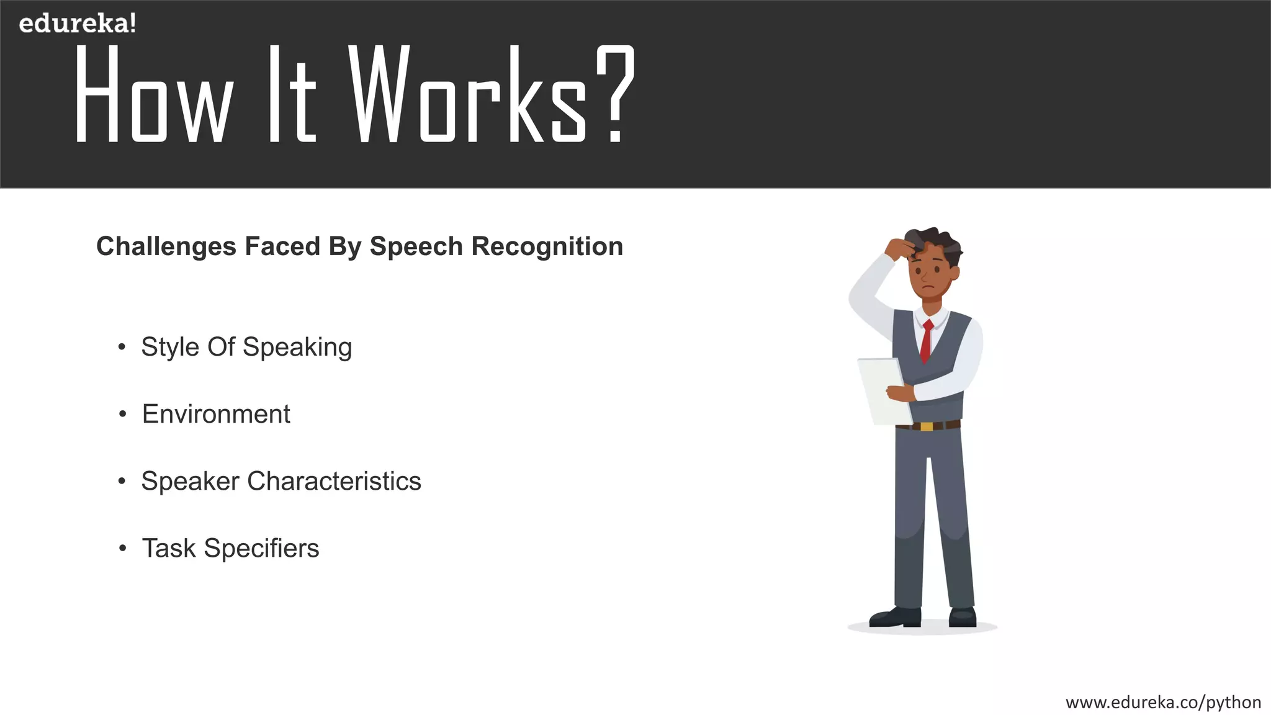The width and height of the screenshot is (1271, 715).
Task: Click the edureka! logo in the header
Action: tap(77, 24)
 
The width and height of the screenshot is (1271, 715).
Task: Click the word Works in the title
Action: tap(468, 94)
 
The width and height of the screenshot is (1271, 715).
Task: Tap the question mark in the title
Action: tap(615, 93)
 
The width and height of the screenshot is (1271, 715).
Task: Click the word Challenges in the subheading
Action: tap(166, 246)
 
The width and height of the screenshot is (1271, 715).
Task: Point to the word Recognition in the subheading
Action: tap(547, 246)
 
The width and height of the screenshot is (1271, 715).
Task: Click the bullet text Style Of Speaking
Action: tap(246, 347)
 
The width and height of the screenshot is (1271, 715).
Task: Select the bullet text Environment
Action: tap(216, 414)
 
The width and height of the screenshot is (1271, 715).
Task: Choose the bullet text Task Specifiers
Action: tap(230, 548)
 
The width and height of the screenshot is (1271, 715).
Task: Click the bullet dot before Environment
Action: tap(123, 414)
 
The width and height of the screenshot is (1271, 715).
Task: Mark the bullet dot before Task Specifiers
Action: tap(123, 549)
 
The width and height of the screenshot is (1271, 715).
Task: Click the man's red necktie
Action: tap(926, 341)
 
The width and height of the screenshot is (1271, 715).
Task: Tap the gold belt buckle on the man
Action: tap(927, 426)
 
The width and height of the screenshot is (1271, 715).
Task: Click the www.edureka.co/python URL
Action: tap(1163, 702)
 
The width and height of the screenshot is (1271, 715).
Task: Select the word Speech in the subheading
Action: tap(416, 246)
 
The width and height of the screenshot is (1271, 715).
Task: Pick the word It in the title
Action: tap(292, 94)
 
